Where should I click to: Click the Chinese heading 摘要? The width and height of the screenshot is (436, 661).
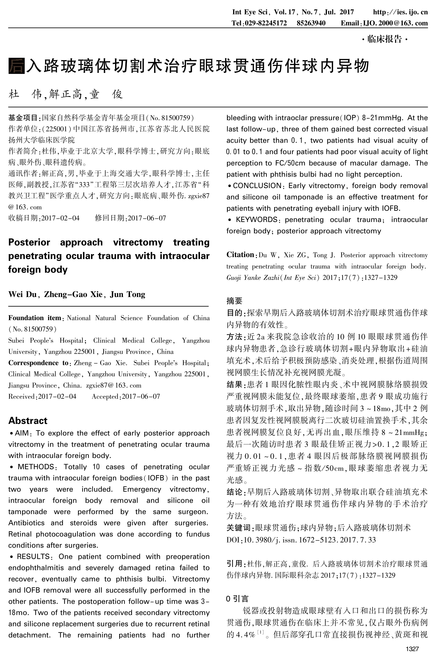[x=234, y=301]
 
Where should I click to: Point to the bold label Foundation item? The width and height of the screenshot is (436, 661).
[x=35, y=318]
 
